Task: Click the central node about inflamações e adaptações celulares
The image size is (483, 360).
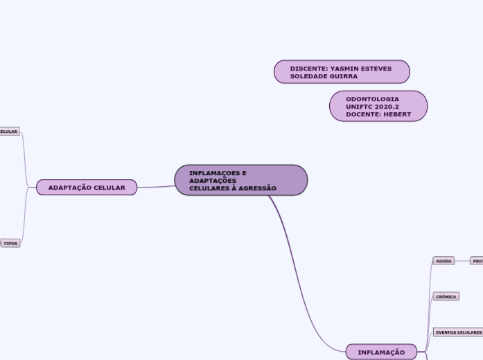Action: pos(240,180)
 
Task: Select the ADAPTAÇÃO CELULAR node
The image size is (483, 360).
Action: pos(87,187)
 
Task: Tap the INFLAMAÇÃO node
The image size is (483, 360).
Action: pos(381,352)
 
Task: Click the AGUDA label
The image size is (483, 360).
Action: pos(444,261)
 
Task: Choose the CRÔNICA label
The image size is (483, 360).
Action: pos(446,296)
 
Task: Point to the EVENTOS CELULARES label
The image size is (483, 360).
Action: pos(458,332)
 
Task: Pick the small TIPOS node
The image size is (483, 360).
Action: pos(10,244)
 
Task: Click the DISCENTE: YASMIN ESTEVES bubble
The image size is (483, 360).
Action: pos(341,72)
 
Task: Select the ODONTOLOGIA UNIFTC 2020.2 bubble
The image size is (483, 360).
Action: pos(378,106)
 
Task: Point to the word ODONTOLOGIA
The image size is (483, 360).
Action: pos(372,99)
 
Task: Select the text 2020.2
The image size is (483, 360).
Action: pos(387,107)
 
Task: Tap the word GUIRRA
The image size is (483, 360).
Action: pos(344,76)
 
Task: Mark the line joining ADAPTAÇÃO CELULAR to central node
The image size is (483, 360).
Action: pos(156,186)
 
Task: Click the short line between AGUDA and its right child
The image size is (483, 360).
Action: pos(462,261)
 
